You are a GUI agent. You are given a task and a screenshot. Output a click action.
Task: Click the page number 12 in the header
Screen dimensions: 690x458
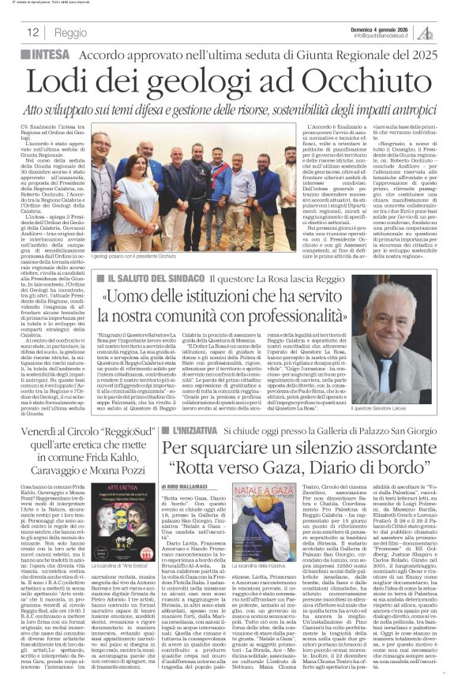[x=34, y=33]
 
